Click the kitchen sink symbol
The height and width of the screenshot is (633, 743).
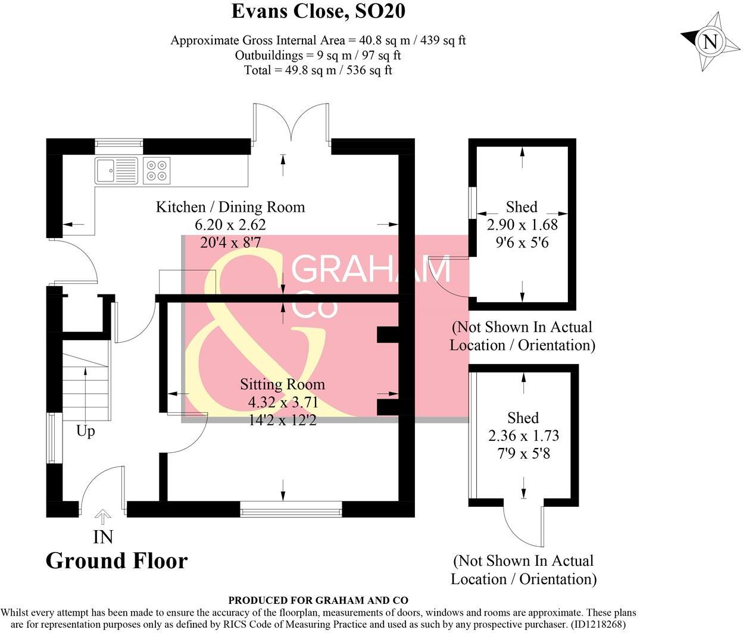(x=116, y=170)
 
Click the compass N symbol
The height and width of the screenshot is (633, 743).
(x=708, y=42)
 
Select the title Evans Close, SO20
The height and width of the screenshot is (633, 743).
(x=318, y=11)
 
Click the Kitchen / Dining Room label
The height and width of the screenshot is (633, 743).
(x=230, y=207)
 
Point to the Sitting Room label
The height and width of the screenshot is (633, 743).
(x=282, y=384)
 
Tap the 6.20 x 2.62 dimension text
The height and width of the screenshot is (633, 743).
(x=230, y=225)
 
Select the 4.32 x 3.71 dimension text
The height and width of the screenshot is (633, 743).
(x=282, y=402)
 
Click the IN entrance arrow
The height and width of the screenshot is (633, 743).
(x=103, y=516)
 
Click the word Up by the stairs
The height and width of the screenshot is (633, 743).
(x=86, y=430)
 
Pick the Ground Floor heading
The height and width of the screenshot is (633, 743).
(x=117, y=560)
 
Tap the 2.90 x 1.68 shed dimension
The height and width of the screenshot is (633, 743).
(x=522, y=225)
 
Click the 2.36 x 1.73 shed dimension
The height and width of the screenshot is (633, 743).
(x=523, y=435)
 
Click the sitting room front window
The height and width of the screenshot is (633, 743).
(x=291, y=509)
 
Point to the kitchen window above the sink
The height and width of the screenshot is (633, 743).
(x=119, y=142)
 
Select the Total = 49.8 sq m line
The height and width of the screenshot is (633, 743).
(x=318, y=70)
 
